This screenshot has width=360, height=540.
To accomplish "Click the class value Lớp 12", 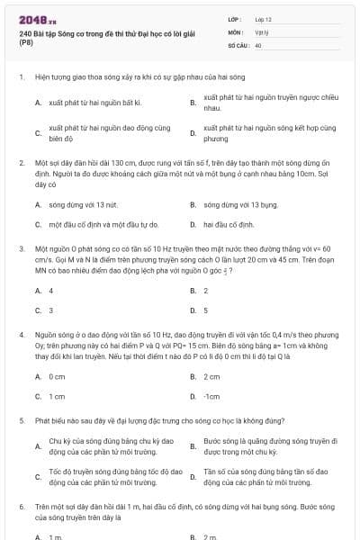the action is (263, 18).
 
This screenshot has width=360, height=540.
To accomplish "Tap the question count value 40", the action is (258, 44).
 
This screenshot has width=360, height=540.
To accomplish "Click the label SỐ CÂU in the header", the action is (238, 44).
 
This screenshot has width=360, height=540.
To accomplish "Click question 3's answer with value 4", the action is (51, 291).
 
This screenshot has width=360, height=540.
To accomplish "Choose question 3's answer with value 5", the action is (206, 310).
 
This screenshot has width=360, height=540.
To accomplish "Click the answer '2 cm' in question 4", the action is (211, 376).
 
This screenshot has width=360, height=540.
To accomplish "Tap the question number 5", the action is (20, 419).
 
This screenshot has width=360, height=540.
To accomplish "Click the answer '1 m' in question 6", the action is (55, 536).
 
